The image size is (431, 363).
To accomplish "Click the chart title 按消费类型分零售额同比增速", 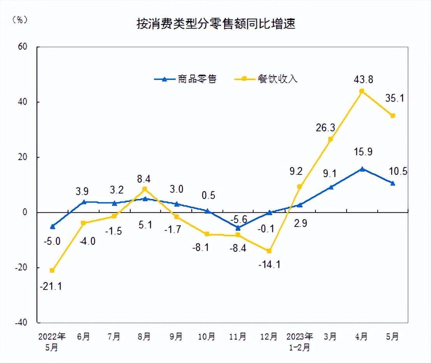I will pyautogui.click(x=215, y=24).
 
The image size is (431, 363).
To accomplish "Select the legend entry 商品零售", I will pyautogui.click(x=196, y=79).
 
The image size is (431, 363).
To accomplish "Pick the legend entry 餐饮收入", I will pyautogui.click(x=277, y=79).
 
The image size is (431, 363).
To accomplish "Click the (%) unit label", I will pyautogui.click(x=20, y=20).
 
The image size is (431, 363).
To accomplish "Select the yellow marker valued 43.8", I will pyautogui.click(x=361, y=91).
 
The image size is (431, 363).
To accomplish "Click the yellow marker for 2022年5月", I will pyautogui.click(x=52, y=270).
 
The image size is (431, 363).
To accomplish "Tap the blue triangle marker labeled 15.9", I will pyautogui.click(x=362, y=169).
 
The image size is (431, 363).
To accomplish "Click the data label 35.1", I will pyautogui.click(x=394, y=98).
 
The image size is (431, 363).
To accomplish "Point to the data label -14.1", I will pyautogui.click(x=269, y=265).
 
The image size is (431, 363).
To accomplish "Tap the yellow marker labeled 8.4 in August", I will pyautogui.click(x=145, y=189).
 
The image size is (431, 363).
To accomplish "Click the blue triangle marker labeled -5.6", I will pyautogui.click(x=238, y=228).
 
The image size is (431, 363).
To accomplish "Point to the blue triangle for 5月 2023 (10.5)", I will pyautogui.click(x=392, y=183).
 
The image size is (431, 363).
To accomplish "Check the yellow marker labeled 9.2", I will pyautogui.click(x=299, y=187).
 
